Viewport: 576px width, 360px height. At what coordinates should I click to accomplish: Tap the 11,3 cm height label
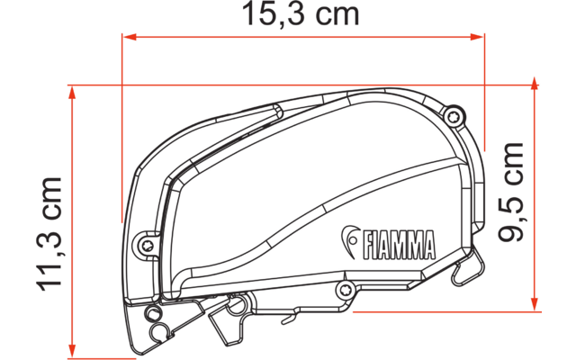[x=50, y=232]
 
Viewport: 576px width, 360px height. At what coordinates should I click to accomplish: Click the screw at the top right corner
[x=455, y=114]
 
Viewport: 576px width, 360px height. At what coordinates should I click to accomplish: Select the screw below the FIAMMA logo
[x=343, y=289]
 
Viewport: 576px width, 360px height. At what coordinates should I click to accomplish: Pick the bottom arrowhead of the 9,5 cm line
[x=537, y=305]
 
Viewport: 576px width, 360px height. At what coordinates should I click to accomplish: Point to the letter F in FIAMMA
[x=367, y=243]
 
